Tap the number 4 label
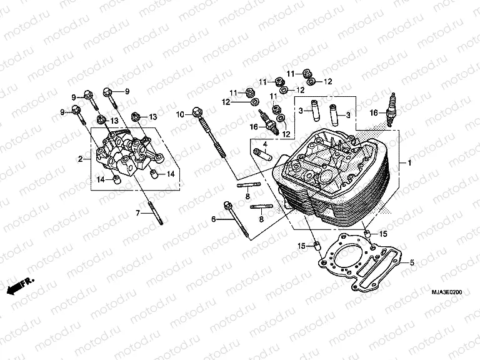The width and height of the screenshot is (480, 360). pyautogui.click(x=265, y=145)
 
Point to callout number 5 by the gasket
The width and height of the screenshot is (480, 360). pyautogui.click(x=412, y=263)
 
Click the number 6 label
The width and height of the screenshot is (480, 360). pyautogui.click(x=213, y=219)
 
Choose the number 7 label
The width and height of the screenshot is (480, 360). pyautogui.click(x=137, y=214)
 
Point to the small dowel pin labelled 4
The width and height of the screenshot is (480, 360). pyautogui.click(x=264, y=154)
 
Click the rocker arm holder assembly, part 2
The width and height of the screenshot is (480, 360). pyautogui.click(x=128, y=156)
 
